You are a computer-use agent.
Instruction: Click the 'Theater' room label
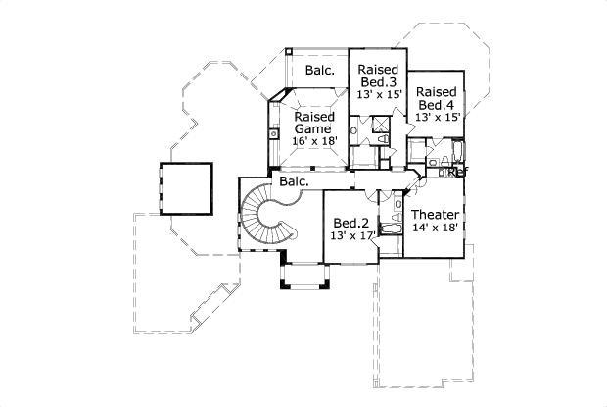[x=433, y=214]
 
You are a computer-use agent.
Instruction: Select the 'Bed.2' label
[x=349, y=222]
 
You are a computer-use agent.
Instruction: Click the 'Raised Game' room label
[x=314, y=122]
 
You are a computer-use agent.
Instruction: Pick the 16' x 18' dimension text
[x=314, y=141]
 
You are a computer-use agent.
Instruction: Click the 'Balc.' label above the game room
[x=319, y=70]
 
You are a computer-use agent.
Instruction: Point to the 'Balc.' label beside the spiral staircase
[x=294, y=181]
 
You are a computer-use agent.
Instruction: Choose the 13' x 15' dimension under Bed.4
[x=437, y=116]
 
